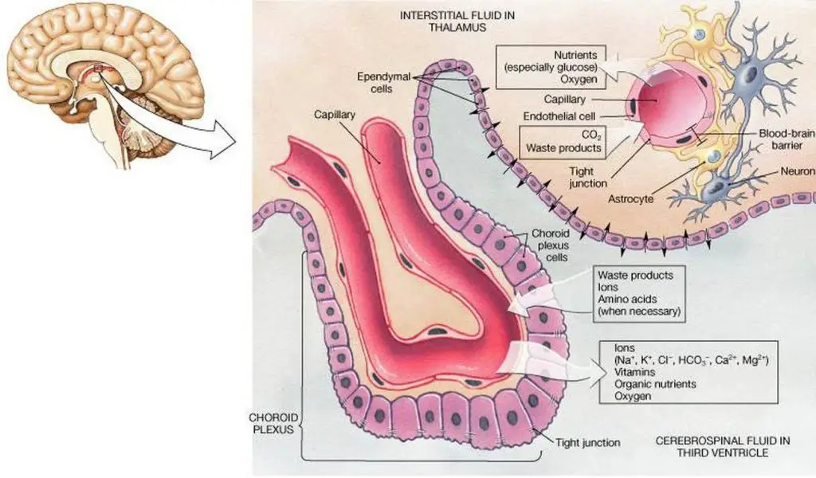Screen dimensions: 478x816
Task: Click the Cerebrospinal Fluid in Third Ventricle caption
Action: pyautogui.click(x=712, y=447)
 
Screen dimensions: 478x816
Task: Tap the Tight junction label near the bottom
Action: pyautogui.click(x=590, y=442)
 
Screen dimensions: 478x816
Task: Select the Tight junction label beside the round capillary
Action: pyautogui.click(x=588, y=178)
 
